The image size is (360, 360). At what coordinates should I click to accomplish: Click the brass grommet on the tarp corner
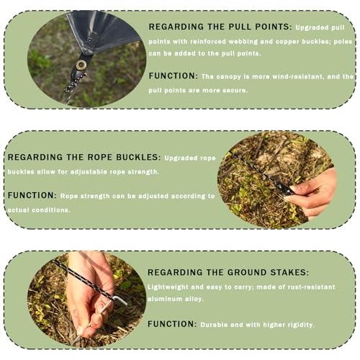pyautogui.click(x=81, y=65)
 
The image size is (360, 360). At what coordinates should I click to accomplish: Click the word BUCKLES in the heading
pyautogui.click(x=138, y=157)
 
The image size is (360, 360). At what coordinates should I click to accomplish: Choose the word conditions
pyautogui.click(x=51, y=210)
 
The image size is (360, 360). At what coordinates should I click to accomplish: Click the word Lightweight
pyautogui.click(x=168, y=287)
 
